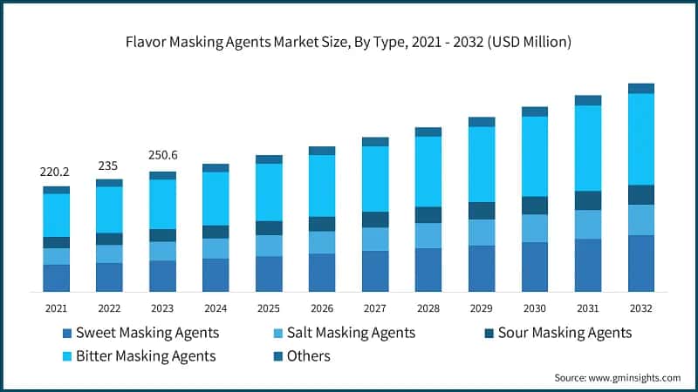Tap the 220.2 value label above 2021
pyautogui.click(x=56, y=172)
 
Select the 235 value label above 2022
pyautogui.click(x=109, y=166)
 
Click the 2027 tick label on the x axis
pyautogui.click(x=374, y=308)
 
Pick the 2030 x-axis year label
pyautogui.click(x=534, y=308)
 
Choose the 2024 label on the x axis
pyautogui.click(x=216, y=308)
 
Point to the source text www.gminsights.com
pyautogui.click(x=617, y=377)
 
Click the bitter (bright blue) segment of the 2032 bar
pyautogui.click(x=640, y=139)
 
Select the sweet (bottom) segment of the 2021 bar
pyautogui.click(x=56, y=278)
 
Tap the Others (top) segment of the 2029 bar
pyautogui.click(x=481, y=122)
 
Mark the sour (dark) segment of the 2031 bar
pyautogui.click(x=587, y=200)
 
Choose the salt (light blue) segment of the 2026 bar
pyautogui.click(x=322, y=242)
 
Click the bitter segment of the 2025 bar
pyautogui.click(x=269, y=192)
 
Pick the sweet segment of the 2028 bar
pyautogui.click(x=428, y=270)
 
